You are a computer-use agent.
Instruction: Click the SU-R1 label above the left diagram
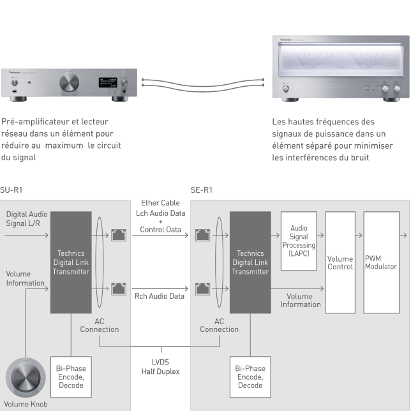pos(11,190)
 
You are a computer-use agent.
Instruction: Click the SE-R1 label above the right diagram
pos(202,190)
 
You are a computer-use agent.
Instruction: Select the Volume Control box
pos(340,262)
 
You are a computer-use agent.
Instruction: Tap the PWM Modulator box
pos(381,262)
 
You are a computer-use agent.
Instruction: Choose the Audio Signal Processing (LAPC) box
pos(298,241)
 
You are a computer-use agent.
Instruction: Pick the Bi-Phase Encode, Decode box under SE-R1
pos(250,377)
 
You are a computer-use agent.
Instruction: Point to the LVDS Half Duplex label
pos(160,367)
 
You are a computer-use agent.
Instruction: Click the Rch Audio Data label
pos(160,296)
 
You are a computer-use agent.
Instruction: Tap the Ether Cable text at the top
pos(160,203)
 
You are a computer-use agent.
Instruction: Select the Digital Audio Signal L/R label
pos(25,218)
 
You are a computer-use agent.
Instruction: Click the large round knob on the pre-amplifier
pos(69,82)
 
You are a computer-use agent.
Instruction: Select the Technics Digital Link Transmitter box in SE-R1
pos(250,262)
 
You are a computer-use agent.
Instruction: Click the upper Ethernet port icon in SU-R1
pos(118,235)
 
